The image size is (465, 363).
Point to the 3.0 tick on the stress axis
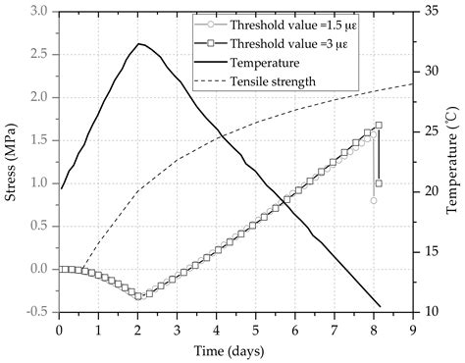41,12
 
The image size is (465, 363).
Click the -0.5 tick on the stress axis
38,312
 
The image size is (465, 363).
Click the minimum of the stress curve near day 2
139,295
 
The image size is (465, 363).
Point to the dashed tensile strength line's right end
412,83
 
